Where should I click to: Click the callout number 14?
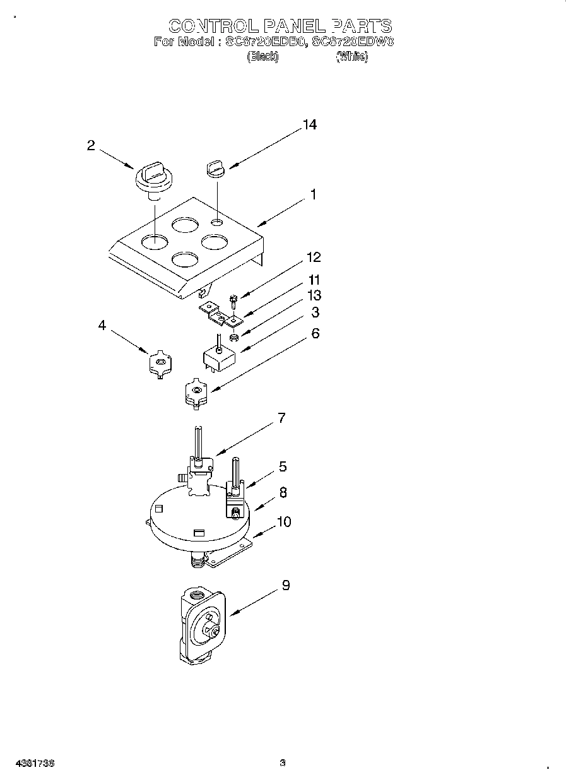[x=309, y=125]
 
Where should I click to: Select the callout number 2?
[x=91, y=146]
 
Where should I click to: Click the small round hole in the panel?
[x=216, y=222]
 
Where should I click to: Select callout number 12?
[x=314, y=258]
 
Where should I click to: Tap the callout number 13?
[x=314, y=295]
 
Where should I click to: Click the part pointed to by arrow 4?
[x=160, y=364]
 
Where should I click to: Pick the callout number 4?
[x=102, y=326]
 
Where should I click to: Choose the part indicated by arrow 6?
[x=196, y=393]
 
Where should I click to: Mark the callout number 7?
[x=281, y=418]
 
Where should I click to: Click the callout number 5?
[x=283, y=466]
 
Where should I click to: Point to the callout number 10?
[x=284, y=522]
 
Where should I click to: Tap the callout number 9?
[x=286, y=586]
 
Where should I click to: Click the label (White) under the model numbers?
[x=352, y=57]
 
